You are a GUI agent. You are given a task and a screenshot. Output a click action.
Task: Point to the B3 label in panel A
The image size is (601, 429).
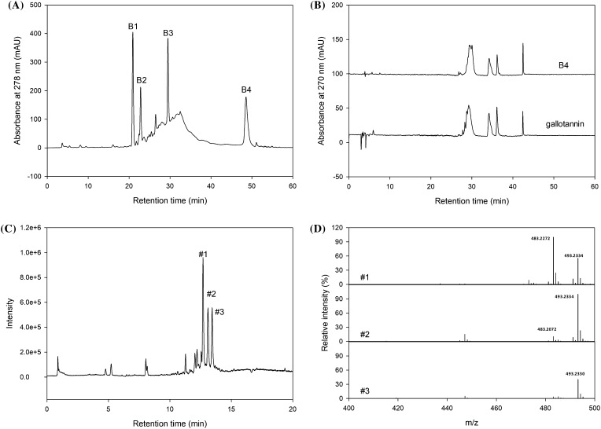coord(168,33)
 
